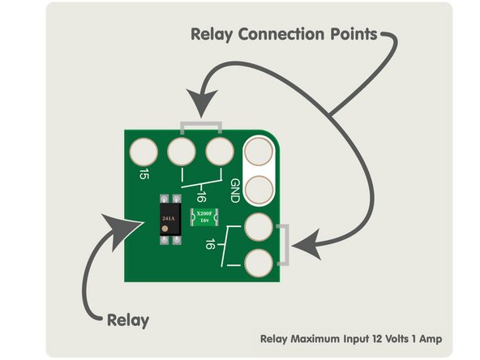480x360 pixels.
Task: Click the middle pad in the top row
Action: point(182,151)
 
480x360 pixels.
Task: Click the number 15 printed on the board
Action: point(144,174)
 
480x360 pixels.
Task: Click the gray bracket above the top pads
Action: point(200,126)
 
